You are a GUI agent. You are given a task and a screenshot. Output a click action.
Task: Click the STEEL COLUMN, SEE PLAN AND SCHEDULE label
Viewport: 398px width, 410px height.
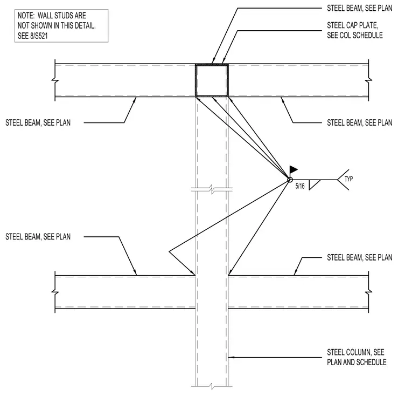coord(357,357)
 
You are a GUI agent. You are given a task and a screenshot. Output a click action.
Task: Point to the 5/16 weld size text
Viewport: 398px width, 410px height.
coord(300,186)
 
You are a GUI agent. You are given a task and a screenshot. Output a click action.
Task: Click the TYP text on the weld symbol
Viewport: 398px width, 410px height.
coord(348,179)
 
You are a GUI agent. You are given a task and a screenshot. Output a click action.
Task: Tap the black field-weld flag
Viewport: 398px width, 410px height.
coord(294,169)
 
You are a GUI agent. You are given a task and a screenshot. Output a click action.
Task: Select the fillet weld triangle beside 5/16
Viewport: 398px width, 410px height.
coord(314,184)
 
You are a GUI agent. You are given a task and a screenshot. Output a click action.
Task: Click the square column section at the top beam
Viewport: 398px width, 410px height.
coord(195,80)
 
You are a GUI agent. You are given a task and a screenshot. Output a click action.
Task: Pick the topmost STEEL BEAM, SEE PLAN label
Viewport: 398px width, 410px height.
coord(359,9)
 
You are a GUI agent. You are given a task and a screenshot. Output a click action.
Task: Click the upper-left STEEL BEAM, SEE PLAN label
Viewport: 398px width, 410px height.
coord(38,122)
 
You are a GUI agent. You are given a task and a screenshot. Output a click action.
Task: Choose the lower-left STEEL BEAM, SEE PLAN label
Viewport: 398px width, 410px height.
coord(38,237)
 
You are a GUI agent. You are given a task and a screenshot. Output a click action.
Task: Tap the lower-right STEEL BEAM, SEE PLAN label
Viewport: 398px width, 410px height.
coord(359,257)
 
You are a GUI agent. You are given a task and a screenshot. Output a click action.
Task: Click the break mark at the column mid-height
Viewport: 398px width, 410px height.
coord(212,189)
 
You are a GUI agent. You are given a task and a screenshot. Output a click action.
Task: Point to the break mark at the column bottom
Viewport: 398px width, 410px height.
coord(212,386)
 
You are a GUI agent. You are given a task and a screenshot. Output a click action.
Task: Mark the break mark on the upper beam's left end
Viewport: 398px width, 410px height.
coord(55,80)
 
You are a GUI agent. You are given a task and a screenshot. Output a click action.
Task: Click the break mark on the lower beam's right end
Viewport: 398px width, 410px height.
coord(368,292)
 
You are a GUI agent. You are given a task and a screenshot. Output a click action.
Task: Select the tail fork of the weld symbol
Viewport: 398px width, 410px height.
coord(343,180)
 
